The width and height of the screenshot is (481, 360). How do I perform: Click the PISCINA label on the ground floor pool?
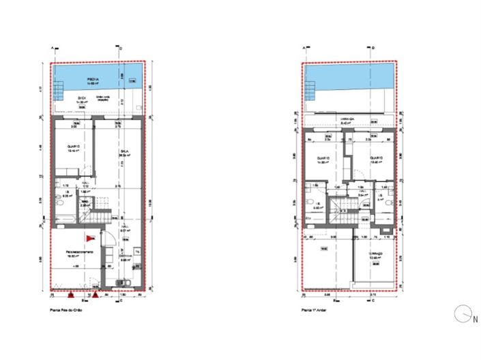[x=93, y=80]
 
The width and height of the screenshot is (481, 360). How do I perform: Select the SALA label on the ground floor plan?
[x=125, y=151]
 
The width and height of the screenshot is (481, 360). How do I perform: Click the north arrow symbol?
[x=463, y=313]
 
